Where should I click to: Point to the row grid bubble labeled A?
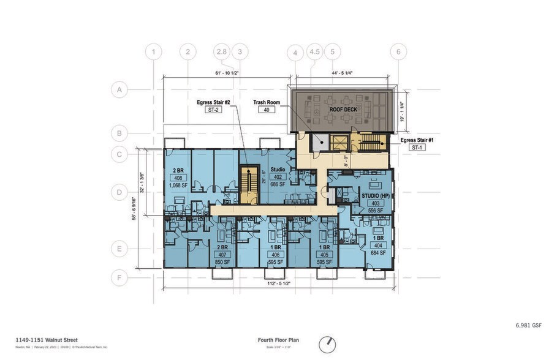pos(119,90)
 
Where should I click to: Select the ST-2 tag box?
pos(218,110)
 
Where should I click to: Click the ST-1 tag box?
pos(416,148)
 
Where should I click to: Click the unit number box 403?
pos(375,203)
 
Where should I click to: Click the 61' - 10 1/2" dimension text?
pos(227,73)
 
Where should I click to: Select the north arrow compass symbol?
pos(328,344)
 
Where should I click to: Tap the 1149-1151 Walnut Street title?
pos(47,339)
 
